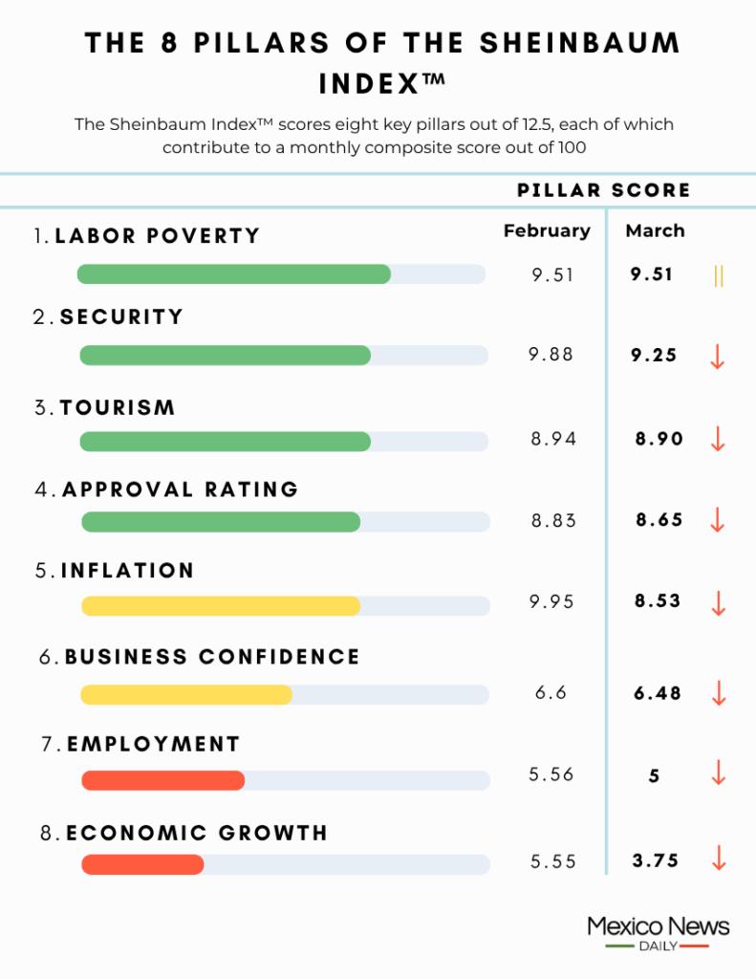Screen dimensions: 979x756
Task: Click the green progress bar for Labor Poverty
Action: [233, 274]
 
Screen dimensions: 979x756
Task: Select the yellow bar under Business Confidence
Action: [186, 695]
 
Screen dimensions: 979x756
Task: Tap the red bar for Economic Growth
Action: [142, 864]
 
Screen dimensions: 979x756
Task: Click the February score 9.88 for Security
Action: [551, 355]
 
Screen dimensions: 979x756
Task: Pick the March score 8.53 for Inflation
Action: [658, 601]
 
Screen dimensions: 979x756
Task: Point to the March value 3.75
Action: [656, 860]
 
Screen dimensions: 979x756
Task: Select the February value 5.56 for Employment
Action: [551, 774]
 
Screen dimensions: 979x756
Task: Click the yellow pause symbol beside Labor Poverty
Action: [719, 276]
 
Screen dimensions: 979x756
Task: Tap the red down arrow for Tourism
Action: [719, 439]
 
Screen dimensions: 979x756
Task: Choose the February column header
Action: [547, 230]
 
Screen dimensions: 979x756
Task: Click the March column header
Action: [655, 230]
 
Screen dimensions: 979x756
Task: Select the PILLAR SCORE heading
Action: [603, 190]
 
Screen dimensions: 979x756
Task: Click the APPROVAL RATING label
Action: [181, 489]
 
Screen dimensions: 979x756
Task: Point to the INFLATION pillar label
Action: [127, 571]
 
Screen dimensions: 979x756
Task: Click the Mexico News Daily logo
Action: [658, 932]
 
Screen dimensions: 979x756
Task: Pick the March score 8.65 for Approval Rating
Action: [659, 520]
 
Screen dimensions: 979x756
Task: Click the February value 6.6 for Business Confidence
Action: [551, 692]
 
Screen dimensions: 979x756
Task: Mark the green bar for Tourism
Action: [225, 441]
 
